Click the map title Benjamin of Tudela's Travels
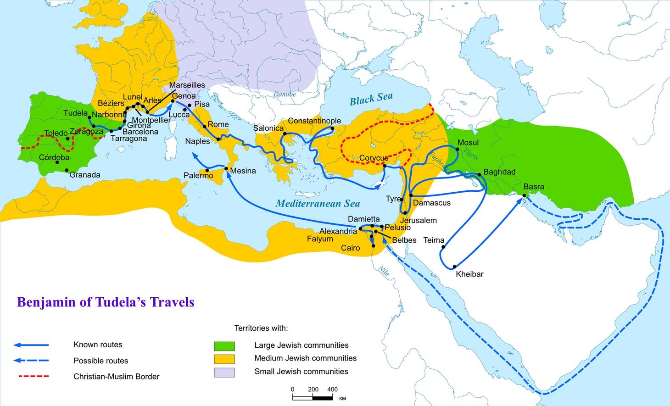point(106,302)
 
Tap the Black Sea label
point(371,99)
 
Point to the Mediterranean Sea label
point(318,203)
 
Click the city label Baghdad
point(499,172)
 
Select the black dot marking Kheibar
point(454,267)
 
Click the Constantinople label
point(314,121)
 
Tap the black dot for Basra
point(524,195)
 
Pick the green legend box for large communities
point(224,346)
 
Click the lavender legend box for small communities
point(224,372)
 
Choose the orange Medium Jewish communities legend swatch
point(224,359)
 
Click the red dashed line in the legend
point(33,377)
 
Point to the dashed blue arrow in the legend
point(31,361)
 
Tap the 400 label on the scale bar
point(332,389)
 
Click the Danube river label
point(285,94)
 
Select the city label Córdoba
point(54,157)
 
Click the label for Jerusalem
point(418,220)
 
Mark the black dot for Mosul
point(457,149)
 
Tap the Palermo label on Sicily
point(198,175)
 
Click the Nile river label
point(384,271)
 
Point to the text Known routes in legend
point(98,345)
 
